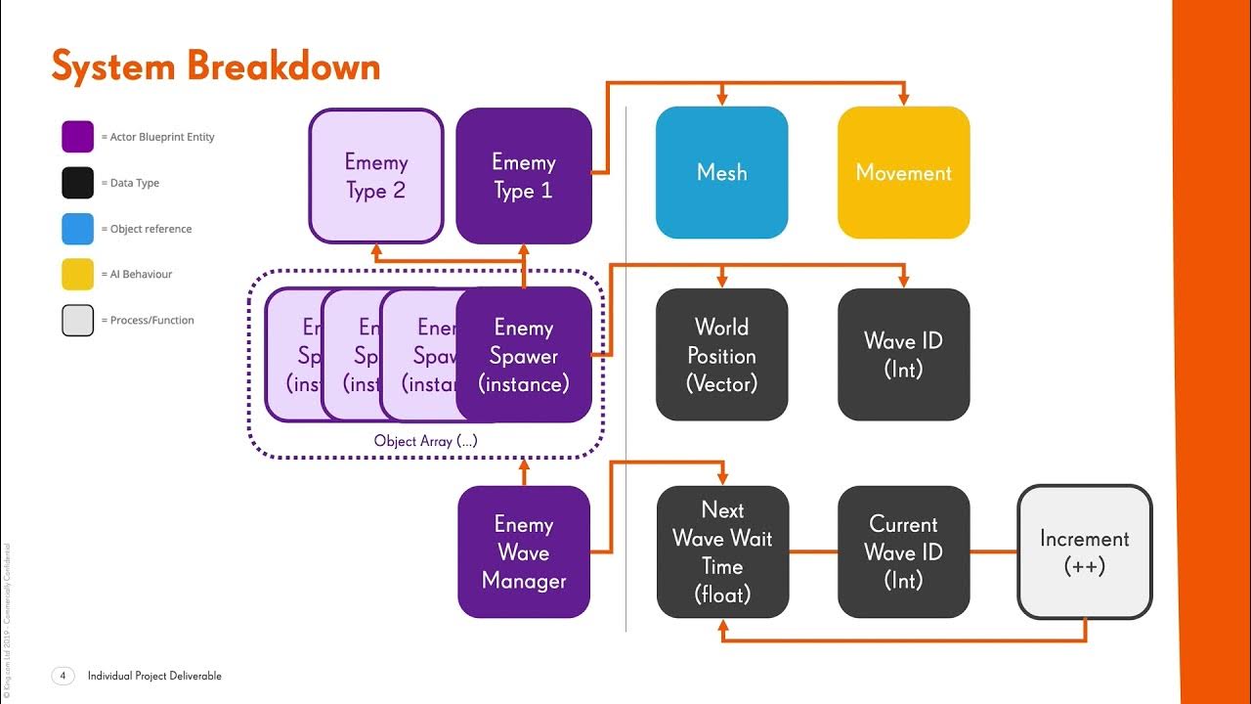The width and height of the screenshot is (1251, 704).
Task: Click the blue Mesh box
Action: coord(721,172)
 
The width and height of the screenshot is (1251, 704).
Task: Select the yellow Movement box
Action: coord(903,172)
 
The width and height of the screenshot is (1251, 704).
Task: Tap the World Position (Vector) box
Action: coord(721,355)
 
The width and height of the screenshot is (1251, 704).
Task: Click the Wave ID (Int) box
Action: coord(903,355)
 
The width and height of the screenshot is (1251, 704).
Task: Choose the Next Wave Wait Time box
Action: coord(722,551)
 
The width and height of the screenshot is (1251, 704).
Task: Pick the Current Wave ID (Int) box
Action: coord(903,551)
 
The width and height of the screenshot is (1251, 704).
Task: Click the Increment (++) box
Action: coord(1084,551)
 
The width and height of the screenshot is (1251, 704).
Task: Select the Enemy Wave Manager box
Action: coord(524,551)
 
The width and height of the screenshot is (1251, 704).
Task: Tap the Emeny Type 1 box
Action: coord(524,176)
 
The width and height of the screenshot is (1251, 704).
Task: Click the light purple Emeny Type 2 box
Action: coord(376,176)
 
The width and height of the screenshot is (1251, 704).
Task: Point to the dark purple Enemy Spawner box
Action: coord(524,355)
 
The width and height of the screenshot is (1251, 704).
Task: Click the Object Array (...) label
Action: coord(426,441)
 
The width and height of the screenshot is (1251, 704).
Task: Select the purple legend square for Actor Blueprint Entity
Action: coord(78,137)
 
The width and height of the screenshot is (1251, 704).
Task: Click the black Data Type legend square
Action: coord(78,183)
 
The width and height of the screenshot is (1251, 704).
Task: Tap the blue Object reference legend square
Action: coord(78,229)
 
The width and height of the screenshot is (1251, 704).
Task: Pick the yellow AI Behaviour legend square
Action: coord(78,275)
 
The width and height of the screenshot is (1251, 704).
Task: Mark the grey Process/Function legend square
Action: coord(78,321)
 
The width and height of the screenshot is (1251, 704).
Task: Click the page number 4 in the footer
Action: coord(63,676)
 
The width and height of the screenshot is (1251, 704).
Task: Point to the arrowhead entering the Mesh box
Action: coord(721,100)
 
